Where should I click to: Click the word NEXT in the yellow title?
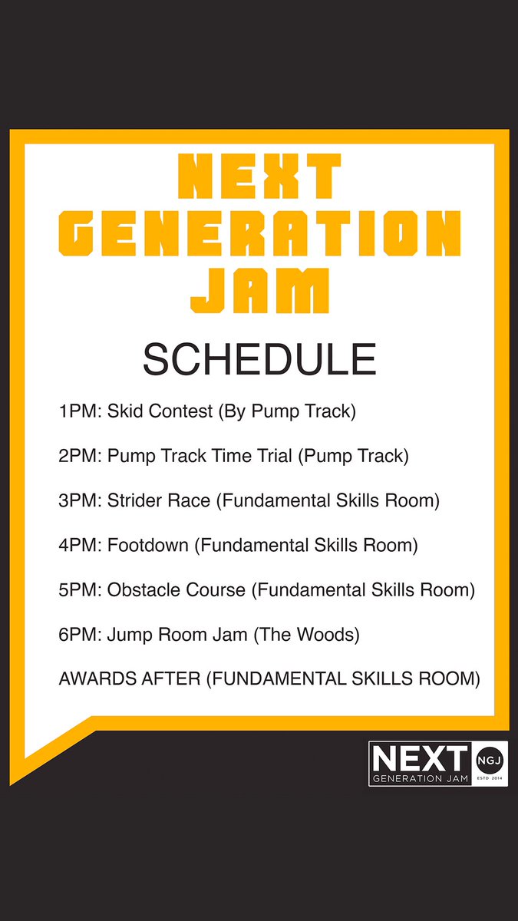click(259, 177)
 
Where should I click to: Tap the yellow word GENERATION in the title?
click(259, 234)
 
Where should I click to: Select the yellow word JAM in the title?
click(259, 290)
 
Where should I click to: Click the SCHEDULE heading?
click(259, 359)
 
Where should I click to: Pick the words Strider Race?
click(157, 501)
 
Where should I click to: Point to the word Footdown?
click(147, 546)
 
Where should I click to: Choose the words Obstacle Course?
click(177, 590)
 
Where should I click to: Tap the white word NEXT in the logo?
click(419, 758)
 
